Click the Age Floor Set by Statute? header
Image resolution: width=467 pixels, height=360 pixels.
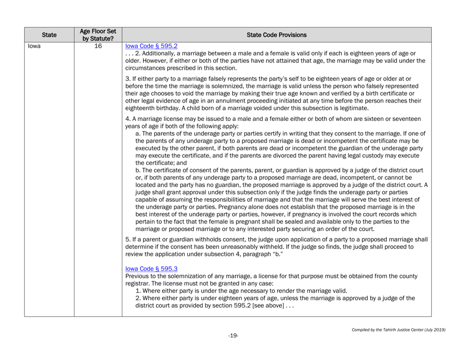[x=97, y=35]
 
